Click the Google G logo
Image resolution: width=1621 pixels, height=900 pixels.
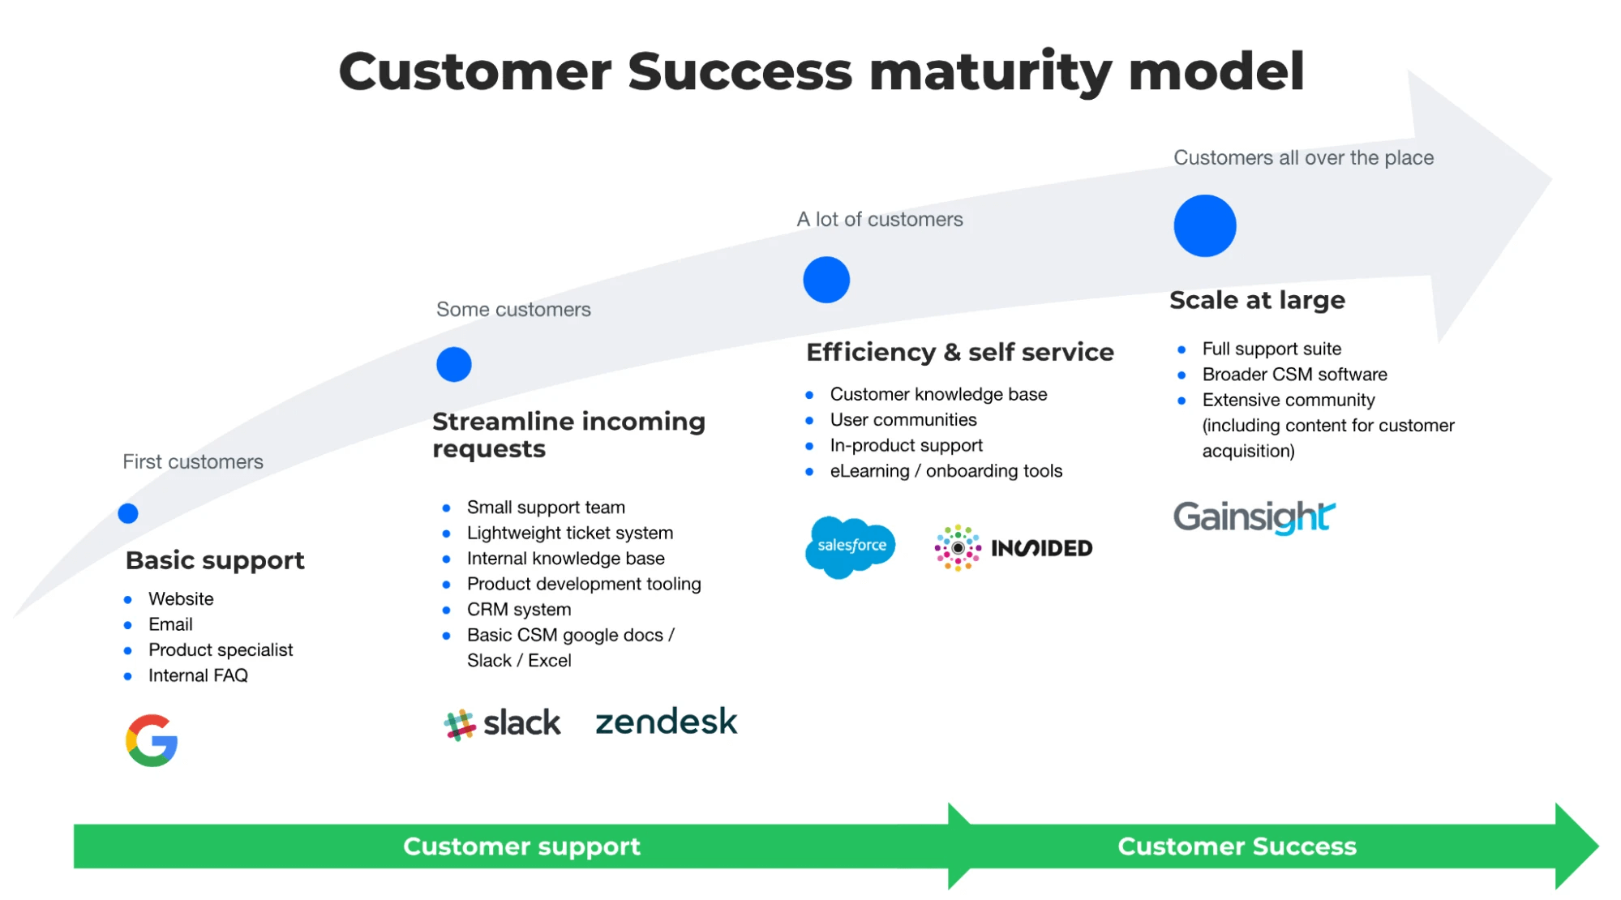(x=152, y=740)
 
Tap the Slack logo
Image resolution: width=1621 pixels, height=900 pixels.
(x=502, y=723)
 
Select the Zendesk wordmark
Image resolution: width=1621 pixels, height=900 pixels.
(x=666, y=722)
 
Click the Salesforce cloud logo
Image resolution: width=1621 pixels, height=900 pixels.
(x=850, y=546)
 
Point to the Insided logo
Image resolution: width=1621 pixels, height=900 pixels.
(x=1014, y=548)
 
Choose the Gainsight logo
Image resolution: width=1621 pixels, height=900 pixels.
(x=1254, y=516)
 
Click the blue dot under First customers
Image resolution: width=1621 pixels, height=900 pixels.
(x=128, y=513)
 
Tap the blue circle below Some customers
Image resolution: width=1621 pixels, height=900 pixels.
(x=454, y=364)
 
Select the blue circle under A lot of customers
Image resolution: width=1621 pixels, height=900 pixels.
(x=826, y=280)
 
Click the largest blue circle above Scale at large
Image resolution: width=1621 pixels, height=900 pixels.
(x=1205, y=226)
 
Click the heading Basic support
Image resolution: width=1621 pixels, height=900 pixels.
(x=215, y=560)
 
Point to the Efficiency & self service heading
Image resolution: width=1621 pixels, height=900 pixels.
(x=960, y=352)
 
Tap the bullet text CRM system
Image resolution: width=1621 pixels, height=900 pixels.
(x=519, y=610)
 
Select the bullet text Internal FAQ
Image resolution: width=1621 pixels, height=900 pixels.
(x=198, y=675)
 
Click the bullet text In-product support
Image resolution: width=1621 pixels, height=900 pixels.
(x=906, y=445)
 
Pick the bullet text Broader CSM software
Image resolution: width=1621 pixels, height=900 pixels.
(x=1294, y=375)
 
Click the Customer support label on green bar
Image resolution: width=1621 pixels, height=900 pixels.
(x=521, y=846)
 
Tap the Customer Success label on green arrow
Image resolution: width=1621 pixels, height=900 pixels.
(x=1237, y=846)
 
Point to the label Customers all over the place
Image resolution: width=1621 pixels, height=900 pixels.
(x=1303, y=157)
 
